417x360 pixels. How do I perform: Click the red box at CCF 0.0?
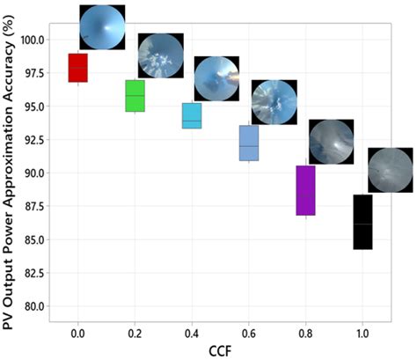coord(77,68)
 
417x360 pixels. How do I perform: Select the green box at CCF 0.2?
coord(135,96)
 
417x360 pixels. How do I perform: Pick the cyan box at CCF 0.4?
coord(191,115)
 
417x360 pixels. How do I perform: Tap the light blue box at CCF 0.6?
coord(249,143)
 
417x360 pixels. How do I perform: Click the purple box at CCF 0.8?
coord(305,190)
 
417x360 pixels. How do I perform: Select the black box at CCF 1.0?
coord(362,222)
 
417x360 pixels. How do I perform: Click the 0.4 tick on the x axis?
coord(192,334)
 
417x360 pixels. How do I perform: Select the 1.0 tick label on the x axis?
coord(362,334)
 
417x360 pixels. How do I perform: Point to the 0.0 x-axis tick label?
coord(77,334)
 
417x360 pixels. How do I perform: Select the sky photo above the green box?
coord(160,55)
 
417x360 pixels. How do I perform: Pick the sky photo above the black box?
coord(389,170)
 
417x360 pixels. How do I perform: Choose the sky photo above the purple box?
coord(331,140)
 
